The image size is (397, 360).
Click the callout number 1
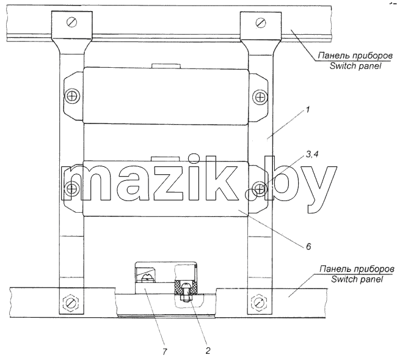[x=307, y=111]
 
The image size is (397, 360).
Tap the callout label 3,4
[x=312, y=154]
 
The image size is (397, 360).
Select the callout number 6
[x=308, y=246]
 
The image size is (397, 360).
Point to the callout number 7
[x=165, y=351]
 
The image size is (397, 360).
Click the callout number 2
[x=208, y=351]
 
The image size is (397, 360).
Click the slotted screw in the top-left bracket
[x=72, y=22]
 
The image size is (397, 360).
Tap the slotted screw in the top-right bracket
[x=261, y=22]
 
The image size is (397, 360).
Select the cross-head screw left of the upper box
[x=72, y=97]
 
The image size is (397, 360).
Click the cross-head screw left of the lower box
[x=71, y=188]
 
